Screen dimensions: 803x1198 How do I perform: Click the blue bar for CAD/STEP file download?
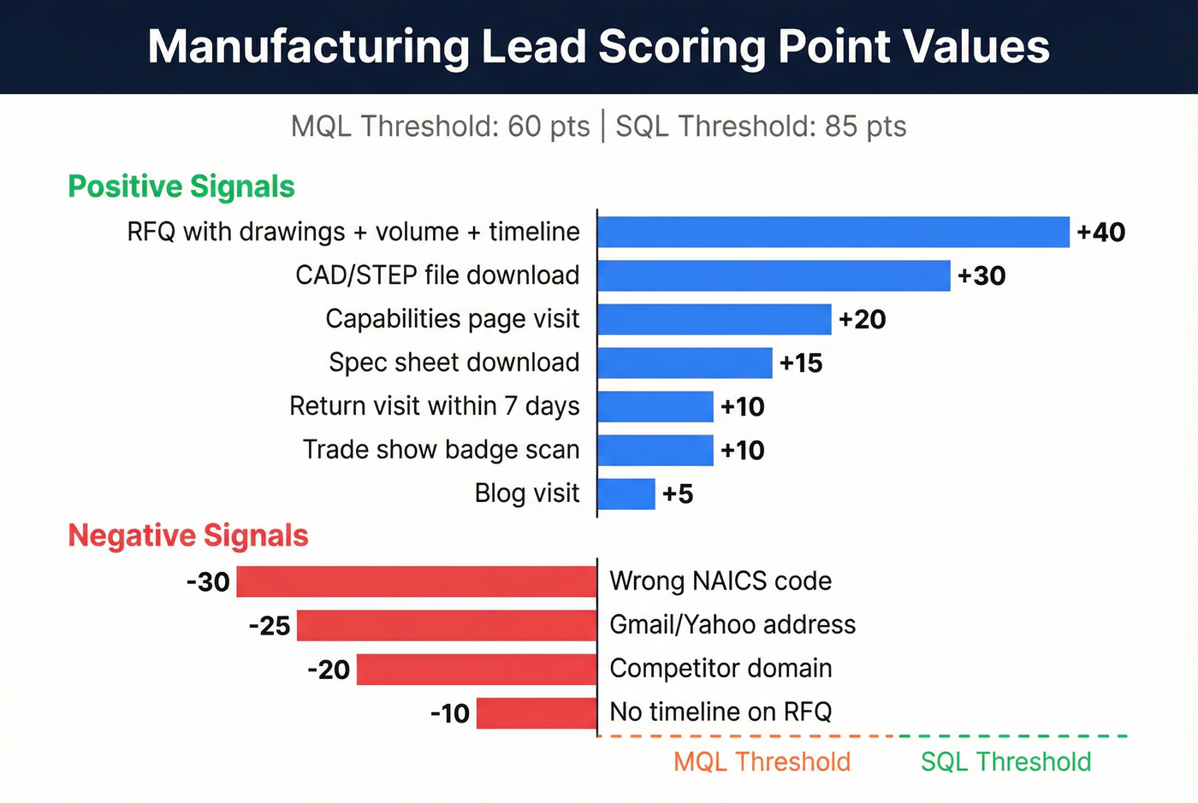774,275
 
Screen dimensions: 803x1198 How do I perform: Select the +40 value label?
1100,233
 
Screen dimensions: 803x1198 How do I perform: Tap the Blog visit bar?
626,493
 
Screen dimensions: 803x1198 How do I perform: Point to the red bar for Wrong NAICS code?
417,582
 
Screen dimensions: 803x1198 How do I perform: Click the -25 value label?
270,625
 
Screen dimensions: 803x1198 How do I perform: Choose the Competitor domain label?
721,669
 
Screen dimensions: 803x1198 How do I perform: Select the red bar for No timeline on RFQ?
537,712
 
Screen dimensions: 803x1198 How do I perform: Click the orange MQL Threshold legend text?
762,761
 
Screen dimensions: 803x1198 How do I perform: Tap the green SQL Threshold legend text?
1005,761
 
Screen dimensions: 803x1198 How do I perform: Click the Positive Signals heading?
181,186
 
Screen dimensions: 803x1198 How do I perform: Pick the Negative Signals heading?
188,535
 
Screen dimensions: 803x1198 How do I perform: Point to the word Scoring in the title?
681,46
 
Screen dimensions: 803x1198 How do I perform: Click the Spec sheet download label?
454,363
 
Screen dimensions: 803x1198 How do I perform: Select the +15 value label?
801,363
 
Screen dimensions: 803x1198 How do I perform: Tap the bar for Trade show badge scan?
655,450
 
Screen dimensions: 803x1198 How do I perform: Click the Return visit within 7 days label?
434,406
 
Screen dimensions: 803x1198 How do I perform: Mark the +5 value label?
677,494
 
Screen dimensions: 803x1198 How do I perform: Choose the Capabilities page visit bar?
715,319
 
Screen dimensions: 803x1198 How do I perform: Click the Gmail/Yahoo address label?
732,625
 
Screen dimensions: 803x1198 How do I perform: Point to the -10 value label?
450,713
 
